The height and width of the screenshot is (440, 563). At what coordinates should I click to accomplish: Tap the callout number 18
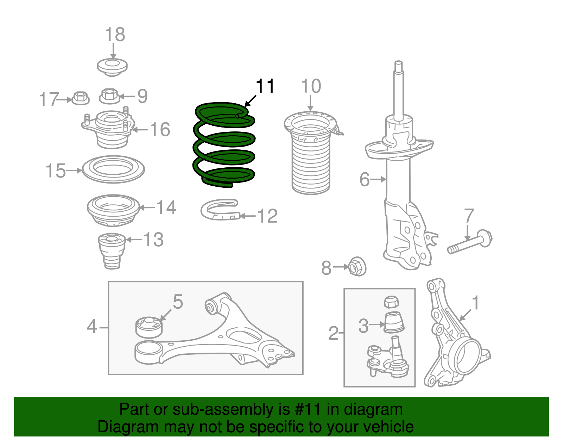click(x=115, y=35)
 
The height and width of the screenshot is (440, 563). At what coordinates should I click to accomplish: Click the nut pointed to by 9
click(x=109, y=96)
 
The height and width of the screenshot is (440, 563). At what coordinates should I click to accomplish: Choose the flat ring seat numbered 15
click(x=113, y=169)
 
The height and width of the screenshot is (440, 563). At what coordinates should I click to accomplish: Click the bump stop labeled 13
click(x=112, y=250)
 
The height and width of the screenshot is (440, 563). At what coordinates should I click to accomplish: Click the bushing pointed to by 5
click(x=149, y=327)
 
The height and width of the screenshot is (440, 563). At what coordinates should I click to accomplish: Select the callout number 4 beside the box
click(x=92, y=327)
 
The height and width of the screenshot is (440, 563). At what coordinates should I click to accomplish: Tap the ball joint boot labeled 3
click(x=394, y=322)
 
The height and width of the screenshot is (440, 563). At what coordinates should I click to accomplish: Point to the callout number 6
click(x=365, y=179)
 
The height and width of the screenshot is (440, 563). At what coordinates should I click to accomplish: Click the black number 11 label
click(x=265, y=86)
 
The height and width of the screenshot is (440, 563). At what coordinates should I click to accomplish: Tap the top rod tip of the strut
click(x=398, y=65)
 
